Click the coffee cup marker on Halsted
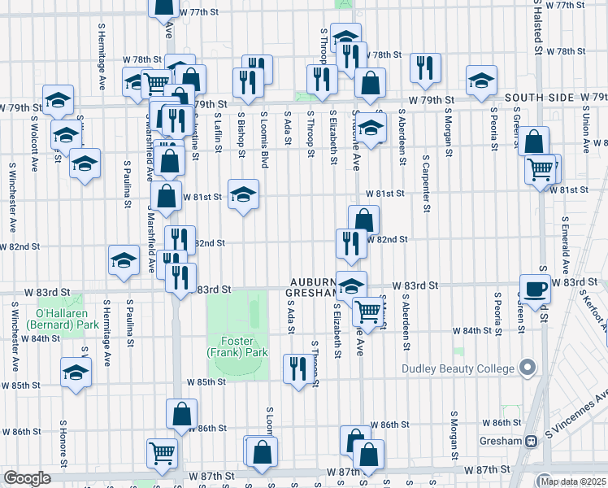tap(536, 290)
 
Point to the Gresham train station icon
tap(531, 441)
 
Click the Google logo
tap(27, 477)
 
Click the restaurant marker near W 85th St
tap(293, 368)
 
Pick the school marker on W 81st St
tap(242, 194)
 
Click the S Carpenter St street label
tap(426, 183)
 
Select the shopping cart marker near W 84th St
tap(368, 310)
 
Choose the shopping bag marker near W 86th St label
tap(181, 414)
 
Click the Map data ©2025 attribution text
tap(573, 480)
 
